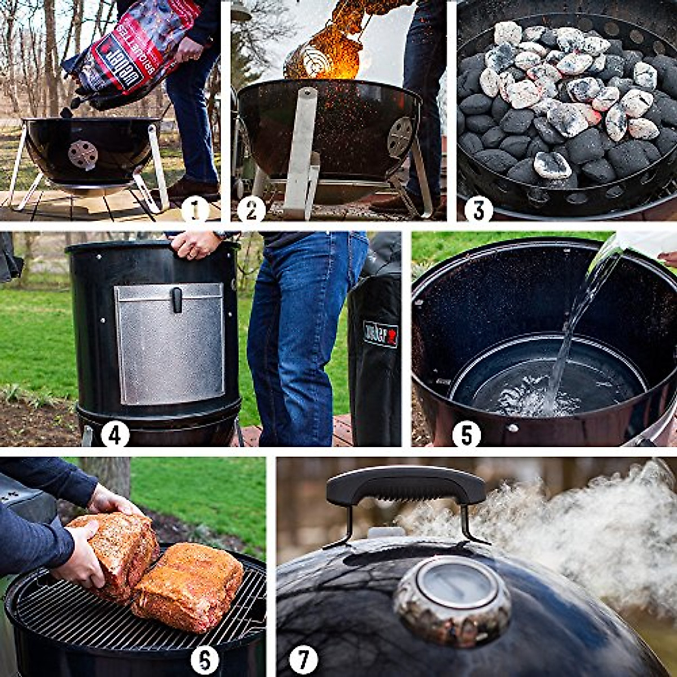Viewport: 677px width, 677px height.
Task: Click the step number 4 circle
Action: click(x=115, y=435)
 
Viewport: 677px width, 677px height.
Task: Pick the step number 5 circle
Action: click(x=467, y=435)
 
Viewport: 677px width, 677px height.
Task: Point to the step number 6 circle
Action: click(x=204, y=660)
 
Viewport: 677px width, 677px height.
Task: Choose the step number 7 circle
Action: click(x=304, y=660)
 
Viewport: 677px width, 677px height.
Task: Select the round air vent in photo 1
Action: click(x=83, y=155)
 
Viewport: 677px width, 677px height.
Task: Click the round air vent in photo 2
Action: click(x=400, y=137)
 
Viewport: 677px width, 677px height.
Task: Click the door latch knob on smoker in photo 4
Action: click(x=177, y=299)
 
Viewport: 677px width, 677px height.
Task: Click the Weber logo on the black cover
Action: click(x=380, y=334)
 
